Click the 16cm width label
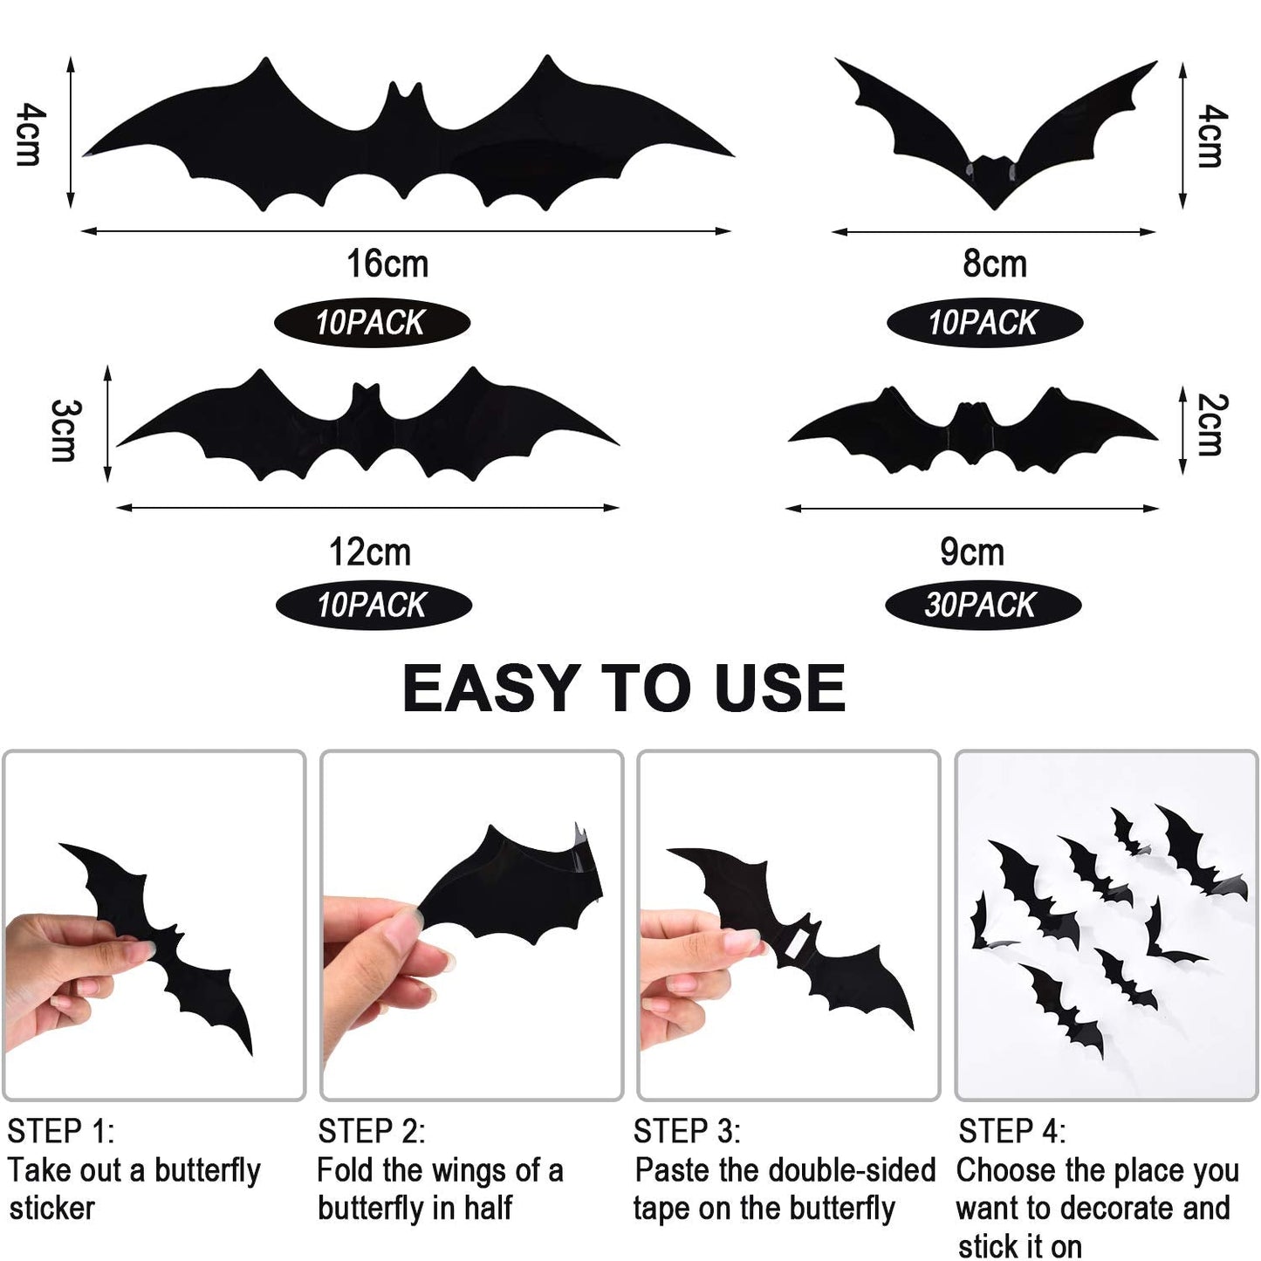(x=387, y=264)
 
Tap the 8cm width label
(x=994, y=264)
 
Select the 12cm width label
(x=369, y=552)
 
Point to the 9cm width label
(x=971, y=552)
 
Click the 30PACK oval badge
(x=983, y=605)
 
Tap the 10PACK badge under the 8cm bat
(x=984, y=323)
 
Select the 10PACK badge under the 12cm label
(x=374, y=605)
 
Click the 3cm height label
(x=64, y=429)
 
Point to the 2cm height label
(x=1210, y=425)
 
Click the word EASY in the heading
(x=491, y=689)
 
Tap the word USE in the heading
(x=779, y=689)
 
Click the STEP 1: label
(x=60, y=1131)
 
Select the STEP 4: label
(x=1011, y=1131)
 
